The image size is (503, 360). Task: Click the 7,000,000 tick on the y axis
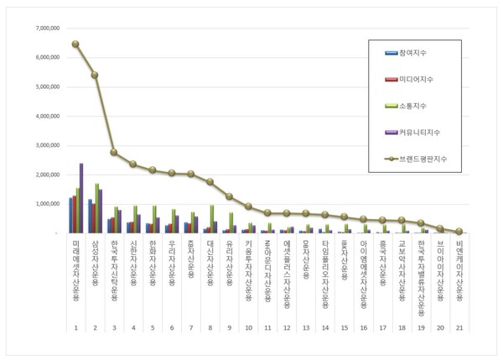(x=43, y=29)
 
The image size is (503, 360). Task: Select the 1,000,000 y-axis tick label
(x=43, y=203)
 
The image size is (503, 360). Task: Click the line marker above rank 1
(x=75, y=44)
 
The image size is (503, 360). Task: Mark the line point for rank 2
(x=95, y=75)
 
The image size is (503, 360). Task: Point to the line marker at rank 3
(x=114, y=152)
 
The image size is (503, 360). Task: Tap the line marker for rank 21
(x=459, y=231)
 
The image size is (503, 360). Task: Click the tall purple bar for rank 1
(x=81, y=198)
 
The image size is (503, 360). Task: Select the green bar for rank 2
(x=97, y=208)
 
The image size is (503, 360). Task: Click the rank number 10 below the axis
(x=248, y=328)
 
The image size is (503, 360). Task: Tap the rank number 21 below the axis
(x=459, y=328)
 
